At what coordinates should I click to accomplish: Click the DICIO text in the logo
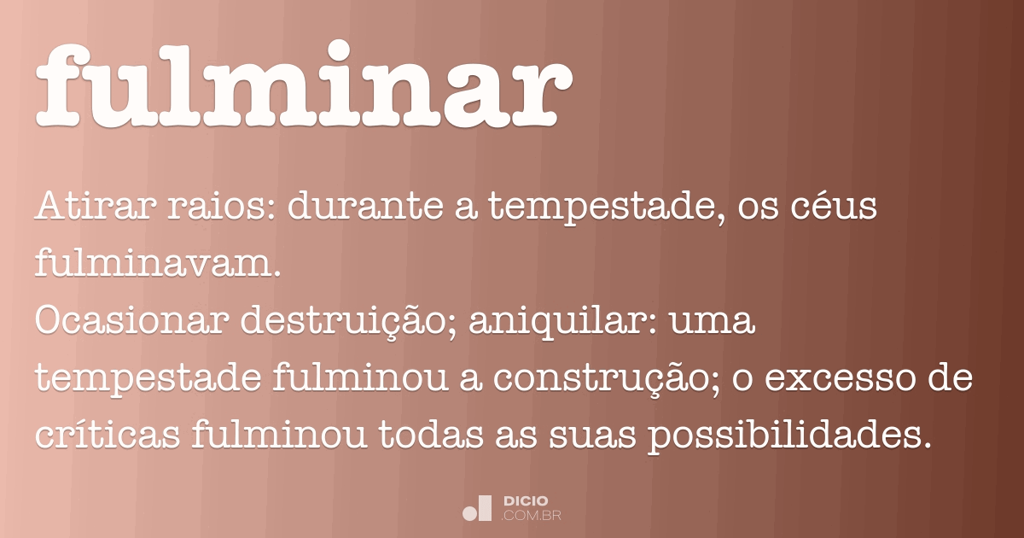pos(526,500)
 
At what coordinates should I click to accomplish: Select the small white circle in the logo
pos(469,513)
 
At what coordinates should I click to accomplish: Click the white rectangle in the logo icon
pos(485,507)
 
